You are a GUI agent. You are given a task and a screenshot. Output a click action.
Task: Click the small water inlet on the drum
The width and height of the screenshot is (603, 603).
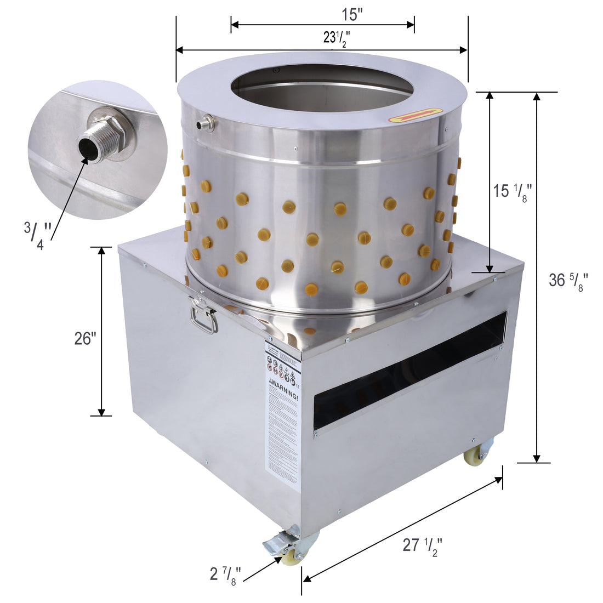click(206, 123)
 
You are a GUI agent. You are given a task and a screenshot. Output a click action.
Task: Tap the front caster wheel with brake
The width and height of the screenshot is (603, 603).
click(291, 551)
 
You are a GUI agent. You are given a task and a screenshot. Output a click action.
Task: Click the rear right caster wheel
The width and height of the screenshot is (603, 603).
click(473, 455)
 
